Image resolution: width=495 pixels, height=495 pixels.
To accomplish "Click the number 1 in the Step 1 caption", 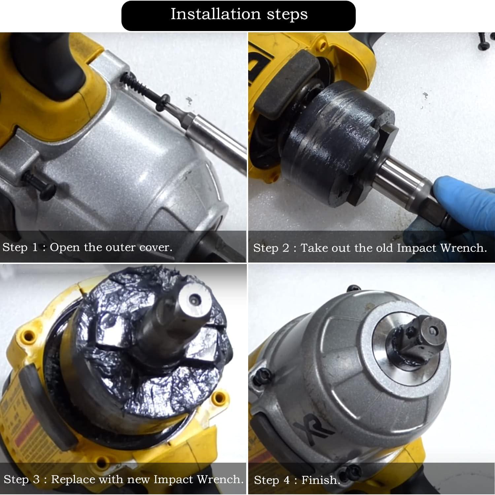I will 35,247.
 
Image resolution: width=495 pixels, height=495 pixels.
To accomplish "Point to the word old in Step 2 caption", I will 383,248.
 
